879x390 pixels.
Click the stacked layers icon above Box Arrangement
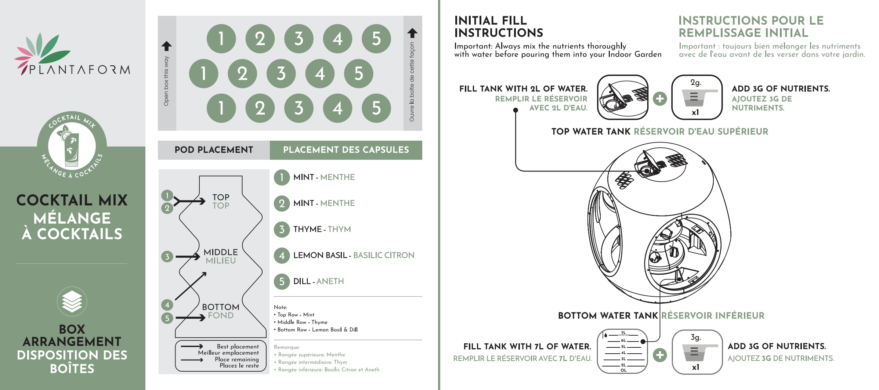(x=72, y=301)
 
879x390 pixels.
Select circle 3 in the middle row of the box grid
(x=281, y=73)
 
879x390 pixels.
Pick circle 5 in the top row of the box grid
(x=376, y=39)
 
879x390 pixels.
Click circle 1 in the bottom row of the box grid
(x=221, y=108)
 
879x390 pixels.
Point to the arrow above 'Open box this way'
(x=166, y=46)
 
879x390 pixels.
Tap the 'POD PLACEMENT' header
(x=214, y=150)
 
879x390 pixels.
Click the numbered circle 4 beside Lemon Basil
(x=282, y=255)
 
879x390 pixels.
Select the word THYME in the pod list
(x=307, y=229)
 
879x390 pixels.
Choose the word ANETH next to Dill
(x=330, y=281)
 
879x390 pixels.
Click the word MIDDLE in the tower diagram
(x=221, y=252)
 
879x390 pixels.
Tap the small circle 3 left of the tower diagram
(x=167, y=256)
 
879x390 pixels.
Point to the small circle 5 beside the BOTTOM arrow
(x=167, y=318)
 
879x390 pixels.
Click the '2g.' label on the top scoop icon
(x=696, y=83)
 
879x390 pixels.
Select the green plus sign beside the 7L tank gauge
(x=660, y=355)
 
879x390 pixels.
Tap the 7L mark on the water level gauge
(x=623, y=333)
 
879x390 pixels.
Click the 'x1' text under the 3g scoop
(x=695, y=367)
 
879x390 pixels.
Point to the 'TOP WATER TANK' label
(x=591, y=131)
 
